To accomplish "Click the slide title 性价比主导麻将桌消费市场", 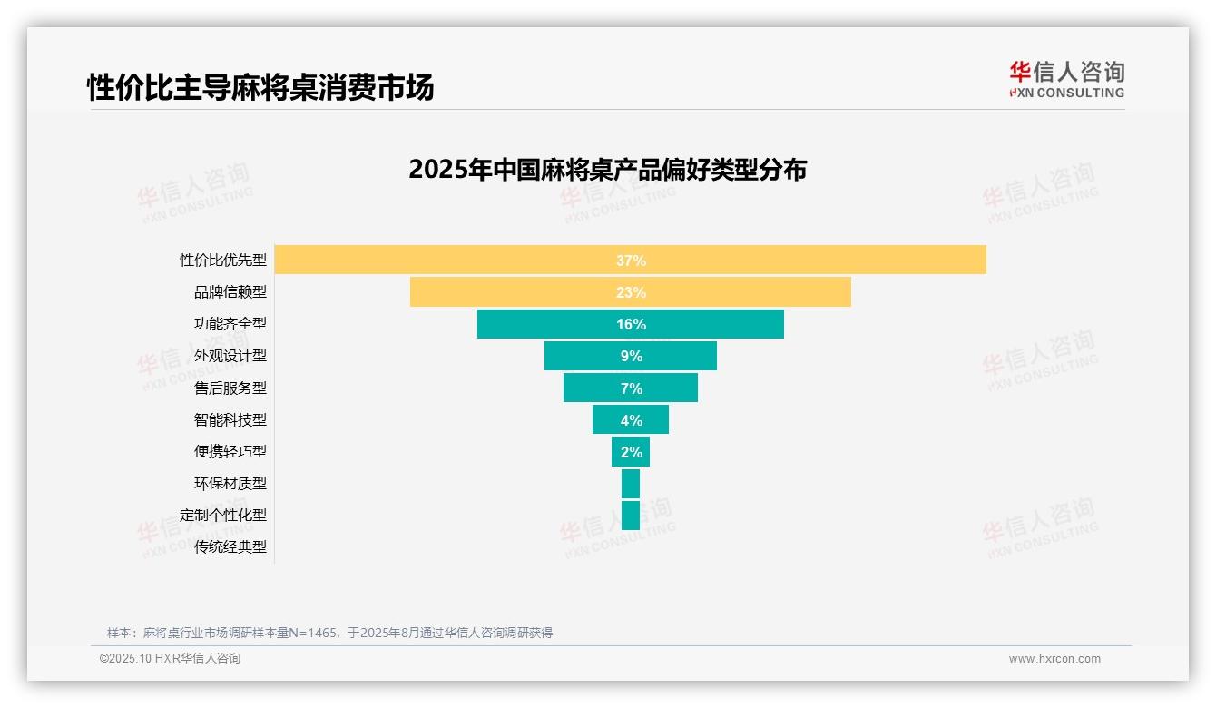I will [260, 87].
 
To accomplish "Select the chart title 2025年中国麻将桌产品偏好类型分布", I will [607, 170].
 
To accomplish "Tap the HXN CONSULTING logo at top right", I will [1066, 80].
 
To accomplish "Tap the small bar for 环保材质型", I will [631, 484].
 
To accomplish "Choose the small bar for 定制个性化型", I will [631, 516].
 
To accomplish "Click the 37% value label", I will [631, 261].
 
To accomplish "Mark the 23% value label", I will [631, 292].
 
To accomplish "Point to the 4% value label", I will [631, 420].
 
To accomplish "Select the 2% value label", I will [631, 452].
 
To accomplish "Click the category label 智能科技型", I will [230, 419].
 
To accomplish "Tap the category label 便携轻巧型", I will [230, 451].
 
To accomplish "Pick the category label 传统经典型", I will [230, 546].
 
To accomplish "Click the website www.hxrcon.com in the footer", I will [1054, 659].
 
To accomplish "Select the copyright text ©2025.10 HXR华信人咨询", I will [170, 659].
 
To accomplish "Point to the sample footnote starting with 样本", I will [329, 633].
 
